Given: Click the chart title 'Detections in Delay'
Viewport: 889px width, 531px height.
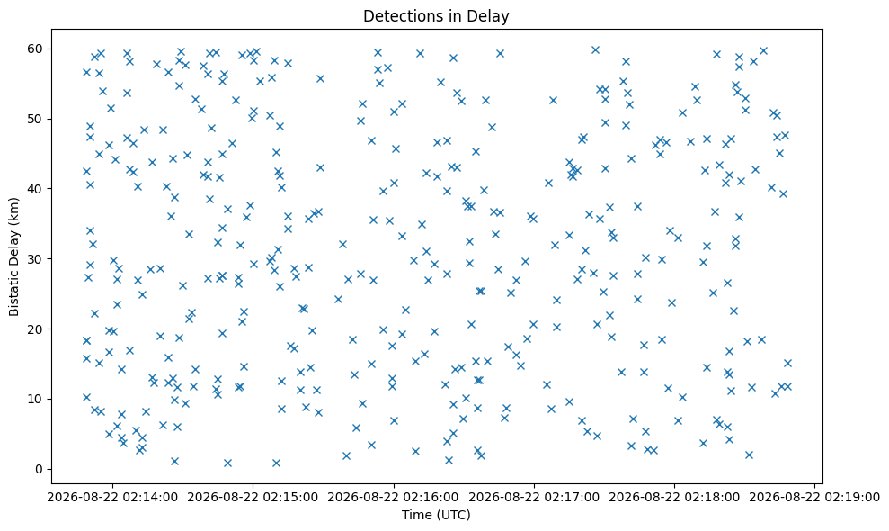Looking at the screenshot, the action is pyautogui.click(x=436, y=16).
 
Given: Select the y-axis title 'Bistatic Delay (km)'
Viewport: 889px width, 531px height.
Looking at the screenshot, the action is pyautogui.click(x=13, y=256).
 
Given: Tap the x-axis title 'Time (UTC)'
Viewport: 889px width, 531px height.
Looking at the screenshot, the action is pyautogui.click(x=436, y=515).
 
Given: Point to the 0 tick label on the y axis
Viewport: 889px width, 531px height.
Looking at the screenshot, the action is pyautogui.click(x=40, y=469).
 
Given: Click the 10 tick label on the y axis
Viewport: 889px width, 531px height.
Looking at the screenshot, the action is pyautogui.click(x=36, y=400).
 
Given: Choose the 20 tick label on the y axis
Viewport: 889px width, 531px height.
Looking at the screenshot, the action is pyautogui.click(x=36, y=329).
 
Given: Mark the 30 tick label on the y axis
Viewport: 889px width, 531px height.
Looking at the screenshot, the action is pyautogui.click(x=36, y=259).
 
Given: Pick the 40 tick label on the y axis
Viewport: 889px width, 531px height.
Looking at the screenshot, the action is pyautogui.click(x=36, y=189).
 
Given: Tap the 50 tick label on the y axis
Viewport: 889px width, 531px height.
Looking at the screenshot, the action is pyautogui.click(x=36, y=120).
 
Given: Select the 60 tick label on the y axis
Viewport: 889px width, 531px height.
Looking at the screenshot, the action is pyautogui.click(x=36, y=49).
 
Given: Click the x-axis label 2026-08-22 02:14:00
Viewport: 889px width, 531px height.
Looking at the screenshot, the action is pyautogui.click(x=112, y=498).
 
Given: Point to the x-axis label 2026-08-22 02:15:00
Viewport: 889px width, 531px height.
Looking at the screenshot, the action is pyautogui.click(x=253, y=498).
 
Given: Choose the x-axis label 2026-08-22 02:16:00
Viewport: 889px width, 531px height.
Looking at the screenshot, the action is pyautogui.click(x=394, y=498).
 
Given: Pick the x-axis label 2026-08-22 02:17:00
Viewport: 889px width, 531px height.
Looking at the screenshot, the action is pyautogui.click(x=534, y=498).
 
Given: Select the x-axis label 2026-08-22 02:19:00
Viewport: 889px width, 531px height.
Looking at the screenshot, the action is pyautogui.click(x=814, y=498).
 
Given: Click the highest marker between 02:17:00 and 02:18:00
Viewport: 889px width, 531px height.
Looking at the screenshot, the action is pyautogui.click(x=595, y=50).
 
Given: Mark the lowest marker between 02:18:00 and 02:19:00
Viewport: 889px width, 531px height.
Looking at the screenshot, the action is pyautogui.click(x=749, y=454).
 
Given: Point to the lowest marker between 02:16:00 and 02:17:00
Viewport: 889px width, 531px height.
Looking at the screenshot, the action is pyautogui.click(x=449, y=460).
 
